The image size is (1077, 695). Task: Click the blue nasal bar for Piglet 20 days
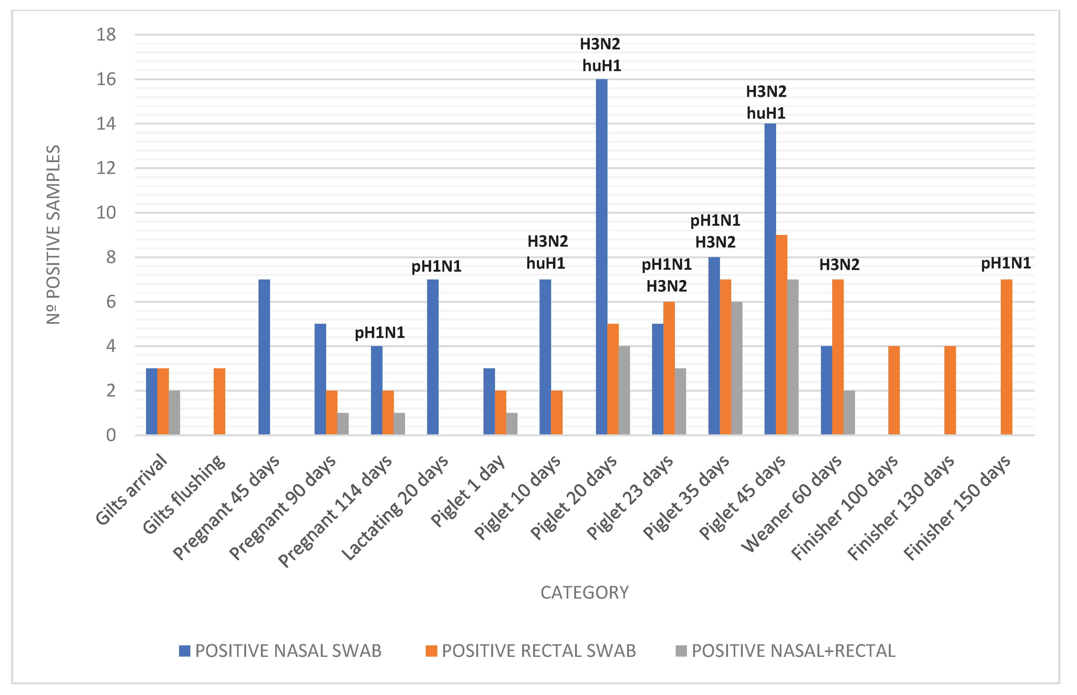(601, 257)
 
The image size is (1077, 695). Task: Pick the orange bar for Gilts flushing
(219, 402)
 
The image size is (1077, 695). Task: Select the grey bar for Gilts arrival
(174, 413)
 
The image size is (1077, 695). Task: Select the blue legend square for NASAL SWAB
(184, 651)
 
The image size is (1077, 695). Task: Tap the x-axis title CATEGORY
(584, 592)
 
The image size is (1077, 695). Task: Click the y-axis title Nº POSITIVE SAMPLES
(53, 235)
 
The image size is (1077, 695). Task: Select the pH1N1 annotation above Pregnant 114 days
(380, 333)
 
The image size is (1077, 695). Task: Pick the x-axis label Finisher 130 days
(901, 508)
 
